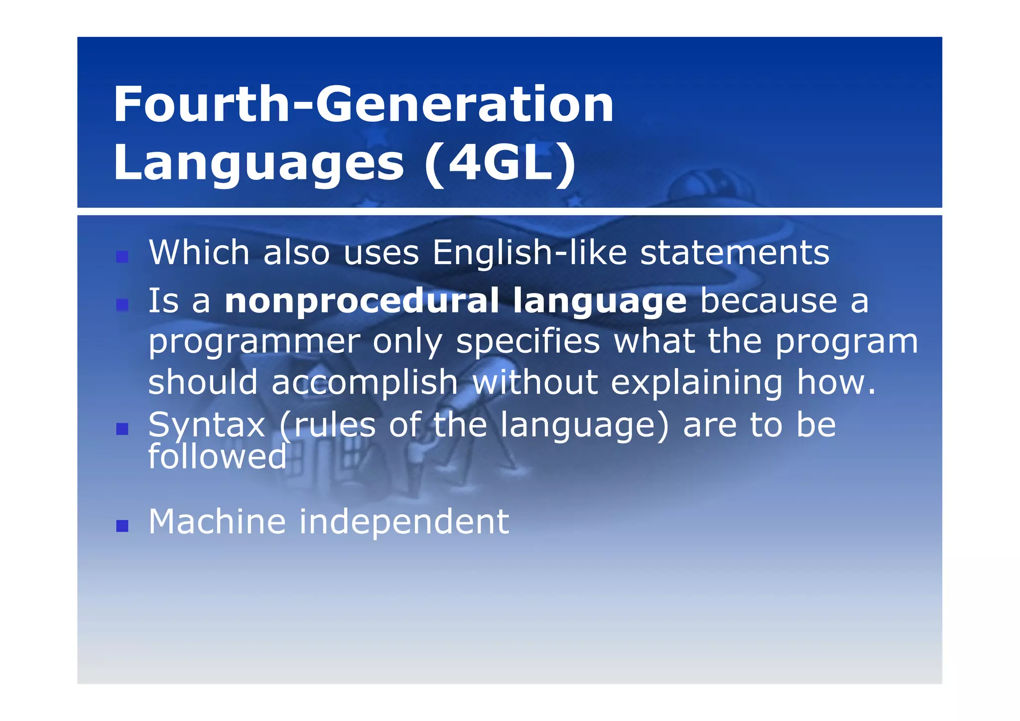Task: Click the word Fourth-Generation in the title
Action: (x=363, y=105)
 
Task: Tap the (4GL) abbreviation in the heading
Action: (x=500, y=163)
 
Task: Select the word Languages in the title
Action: (x=258, y=163)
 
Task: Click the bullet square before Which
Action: (x=122, y=257)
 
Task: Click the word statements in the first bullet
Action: (x=735, y=253)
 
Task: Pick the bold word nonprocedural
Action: (x=362, y=301)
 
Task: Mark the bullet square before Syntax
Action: (x=122, y=429)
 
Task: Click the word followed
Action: (x=218, y=457)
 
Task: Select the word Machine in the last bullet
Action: (x=217, y=522)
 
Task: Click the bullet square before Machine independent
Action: (x=122, y=526)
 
